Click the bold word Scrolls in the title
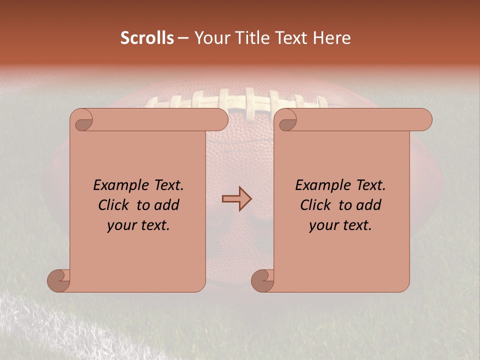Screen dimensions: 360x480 click(147, 37)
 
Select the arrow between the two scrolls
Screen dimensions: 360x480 click(236, 199)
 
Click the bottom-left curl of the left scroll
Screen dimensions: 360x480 click(59, 280)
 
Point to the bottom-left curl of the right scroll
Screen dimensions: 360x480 click(262, 280)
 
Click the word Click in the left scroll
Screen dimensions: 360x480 click(114, 205)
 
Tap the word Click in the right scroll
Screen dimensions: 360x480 click(315, 205)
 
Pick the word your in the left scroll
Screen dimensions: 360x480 click(121, 225)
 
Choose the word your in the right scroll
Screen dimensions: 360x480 click(323, 225)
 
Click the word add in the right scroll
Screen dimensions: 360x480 click(369, 205)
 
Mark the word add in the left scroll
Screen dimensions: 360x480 click(167, 205)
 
